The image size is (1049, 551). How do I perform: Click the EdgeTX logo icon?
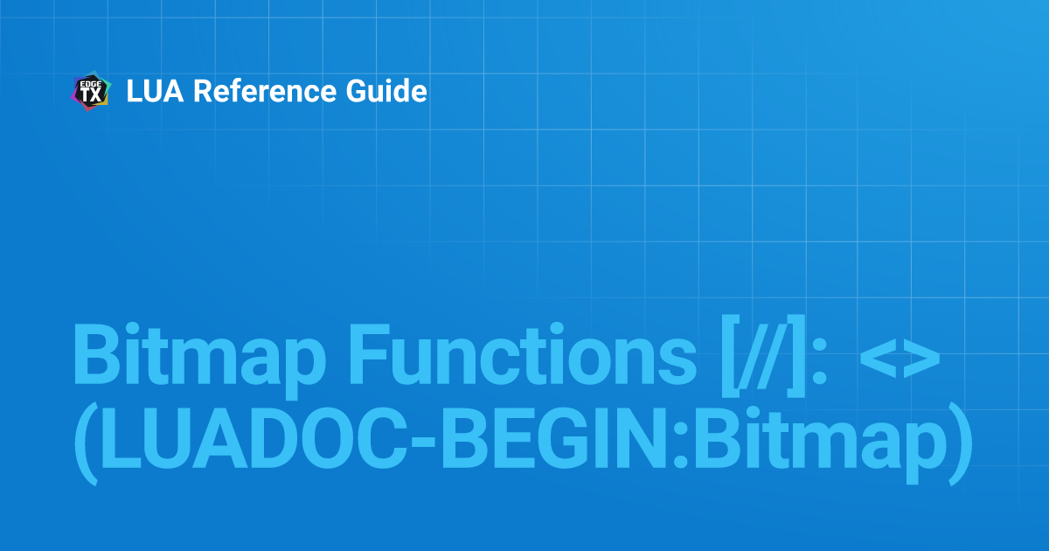click(91, 91)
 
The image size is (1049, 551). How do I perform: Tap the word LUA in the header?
click(155, 91)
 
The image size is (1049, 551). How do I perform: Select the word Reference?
click(265, 91)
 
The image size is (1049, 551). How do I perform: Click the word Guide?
click(386, 91)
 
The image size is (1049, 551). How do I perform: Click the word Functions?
click(522, 353)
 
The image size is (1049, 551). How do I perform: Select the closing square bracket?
click(795, 356)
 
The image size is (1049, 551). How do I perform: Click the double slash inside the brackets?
click(763, 355)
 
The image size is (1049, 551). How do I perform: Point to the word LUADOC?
click(254, 437)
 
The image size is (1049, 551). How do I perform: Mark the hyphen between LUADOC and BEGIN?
click(424, 442)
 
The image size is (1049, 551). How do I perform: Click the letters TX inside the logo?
click(91, 95)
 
